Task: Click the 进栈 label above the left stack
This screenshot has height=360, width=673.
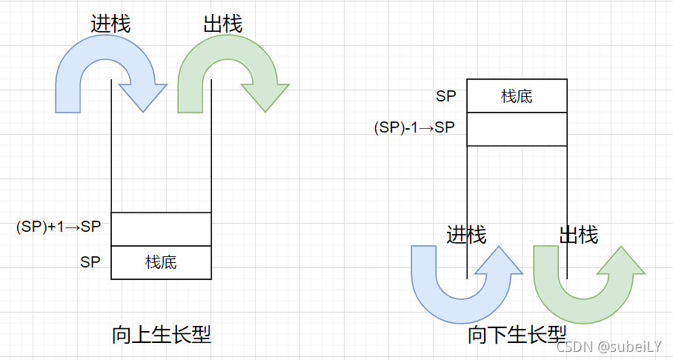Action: pos(110,24)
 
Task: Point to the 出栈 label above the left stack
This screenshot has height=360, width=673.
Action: pos(222,24)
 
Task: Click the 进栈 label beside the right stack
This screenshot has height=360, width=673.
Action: pos(466,236)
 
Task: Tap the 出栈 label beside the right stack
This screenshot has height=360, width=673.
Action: pos(578,236)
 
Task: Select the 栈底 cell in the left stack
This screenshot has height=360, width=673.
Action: pos(161,262)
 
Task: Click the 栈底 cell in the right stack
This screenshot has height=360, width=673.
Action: pos(517,96)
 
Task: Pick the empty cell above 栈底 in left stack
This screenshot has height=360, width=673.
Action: pos(161,229)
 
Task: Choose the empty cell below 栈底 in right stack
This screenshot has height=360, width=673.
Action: pos(517,129)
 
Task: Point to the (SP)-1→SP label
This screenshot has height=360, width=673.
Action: pos(414,127)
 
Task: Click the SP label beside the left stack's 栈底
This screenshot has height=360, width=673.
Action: pos(90,262)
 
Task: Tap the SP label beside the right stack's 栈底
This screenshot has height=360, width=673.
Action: pos(446,96)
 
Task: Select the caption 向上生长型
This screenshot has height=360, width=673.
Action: pos(161,335)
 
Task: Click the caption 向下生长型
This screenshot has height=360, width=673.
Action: pos(517,335)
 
